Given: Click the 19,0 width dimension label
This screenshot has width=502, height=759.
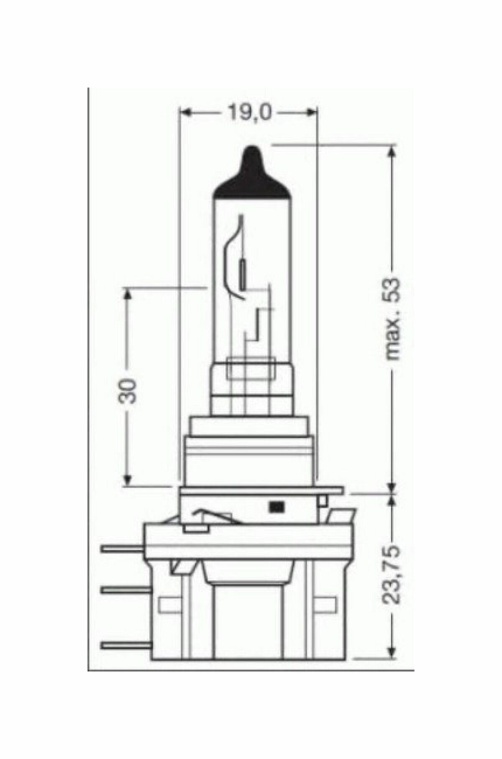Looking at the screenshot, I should click(x=249, y=113).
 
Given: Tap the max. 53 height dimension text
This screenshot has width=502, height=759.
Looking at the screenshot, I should click(x=393, y=319).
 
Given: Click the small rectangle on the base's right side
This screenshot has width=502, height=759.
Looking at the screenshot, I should click(x=330, y=603).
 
